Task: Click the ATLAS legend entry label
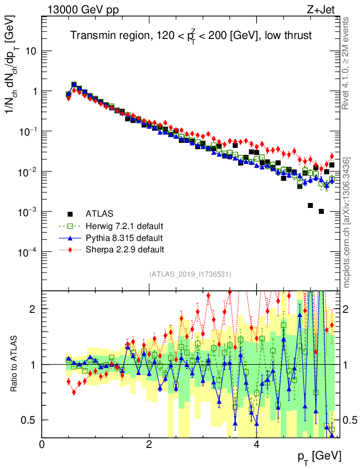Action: click(99, 214)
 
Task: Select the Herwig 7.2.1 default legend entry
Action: click(125, 226)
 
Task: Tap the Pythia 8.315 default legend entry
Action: click(124, 238)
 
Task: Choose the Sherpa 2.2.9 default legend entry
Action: click(125, 250)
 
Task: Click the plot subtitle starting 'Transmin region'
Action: click(191, 36)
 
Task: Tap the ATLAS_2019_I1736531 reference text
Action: click(190, 274)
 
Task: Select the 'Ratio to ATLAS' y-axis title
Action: click(15, 364)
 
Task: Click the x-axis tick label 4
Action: click(256, 445)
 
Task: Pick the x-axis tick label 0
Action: click(42, 445)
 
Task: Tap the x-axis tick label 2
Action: click(149, 445)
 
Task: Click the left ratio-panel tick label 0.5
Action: click(29, 420)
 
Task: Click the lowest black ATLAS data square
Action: click(321, 211)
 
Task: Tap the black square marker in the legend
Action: click(70, 214)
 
